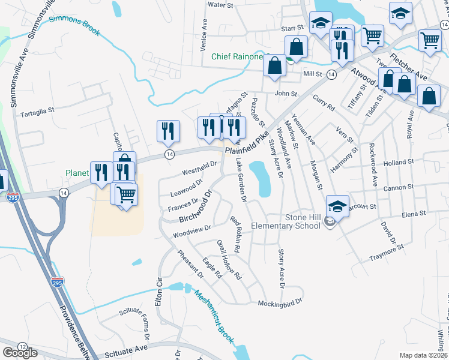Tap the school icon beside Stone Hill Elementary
(338, 206)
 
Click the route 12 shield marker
(22, 347)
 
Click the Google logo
(20, 353)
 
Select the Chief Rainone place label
(237, 57)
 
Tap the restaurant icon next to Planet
(99, 172)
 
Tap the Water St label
(220, 5)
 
